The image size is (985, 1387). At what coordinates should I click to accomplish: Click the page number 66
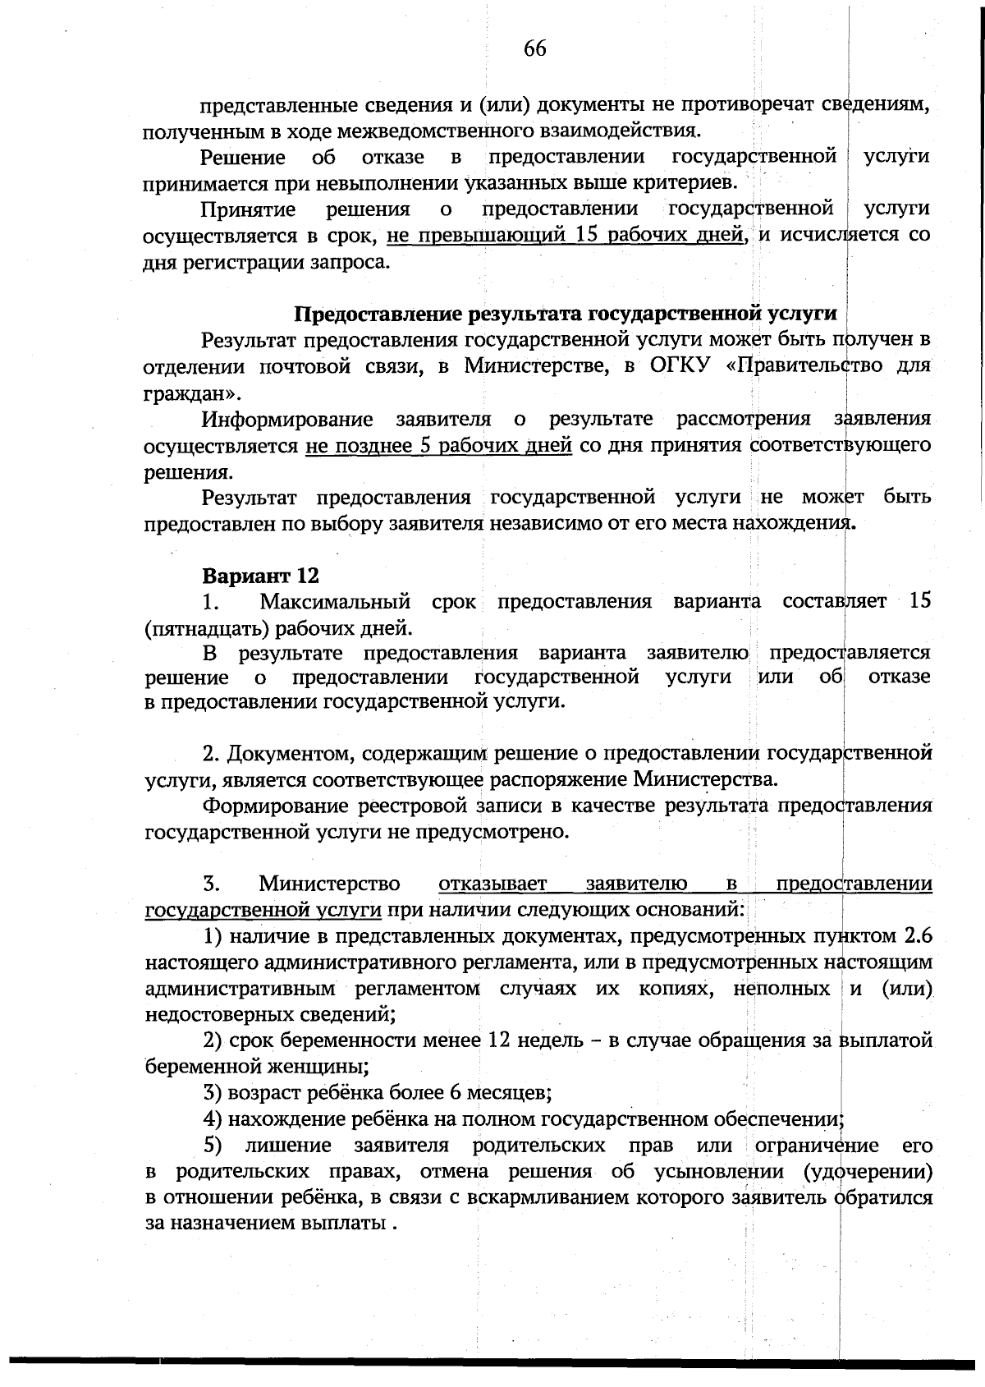(534, 49)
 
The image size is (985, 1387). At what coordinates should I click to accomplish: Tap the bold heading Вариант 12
(260, 576)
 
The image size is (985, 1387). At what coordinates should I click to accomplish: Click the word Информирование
(287, 419)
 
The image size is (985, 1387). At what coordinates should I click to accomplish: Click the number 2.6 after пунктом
(916, 936)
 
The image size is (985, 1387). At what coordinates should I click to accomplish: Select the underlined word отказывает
(492, 884)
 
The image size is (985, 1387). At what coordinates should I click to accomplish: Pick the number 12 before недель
(500, 1040)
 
